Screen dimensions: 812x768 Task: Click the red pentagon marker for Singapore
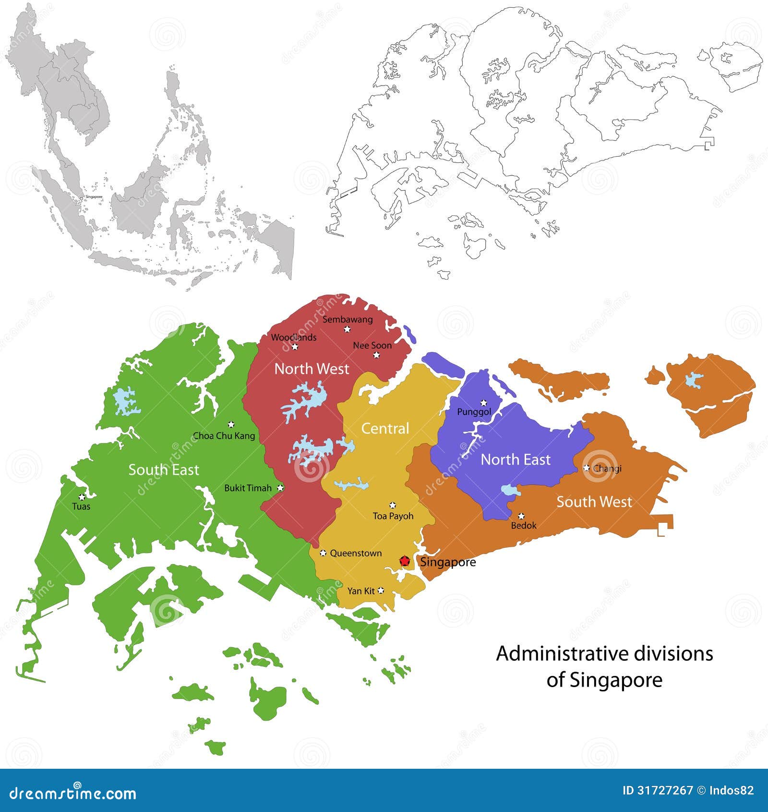(405, 561)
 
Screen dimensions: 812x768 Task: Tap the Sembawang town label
(348, 319)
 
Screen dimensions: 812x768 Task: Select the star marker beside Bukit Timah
(280, 488)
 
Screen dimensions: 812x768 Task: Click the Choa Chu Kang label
(224, 436)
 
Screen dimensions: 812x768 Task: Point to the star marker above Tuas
(82, 497)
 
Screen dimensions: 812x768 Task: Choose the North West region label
(312, 369)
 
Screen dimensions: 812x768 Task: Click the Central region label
(385, 428)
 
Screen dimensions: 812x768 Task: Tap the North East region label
(516, 459)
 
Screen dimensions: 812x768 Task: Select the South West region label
(594, 502)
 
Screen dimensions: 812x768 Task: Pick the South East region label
(163, 469)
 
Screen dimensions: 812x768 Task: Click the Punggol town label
(474, 412)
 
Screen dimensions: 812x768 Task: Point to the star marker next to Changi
(586, 468)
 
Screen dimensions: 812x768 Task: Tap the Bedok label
(524, 525)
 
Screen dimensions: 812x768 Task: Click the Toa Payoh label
(393, 516)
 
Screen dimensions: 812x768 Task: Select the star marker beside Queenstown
(323, 553)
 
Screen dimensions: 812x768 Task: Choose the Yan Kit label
(361, 591)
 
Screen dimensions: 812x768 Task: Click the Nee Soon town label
(372, 345)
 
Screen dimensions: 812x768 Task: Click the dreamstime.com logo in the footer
(73, 793)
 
